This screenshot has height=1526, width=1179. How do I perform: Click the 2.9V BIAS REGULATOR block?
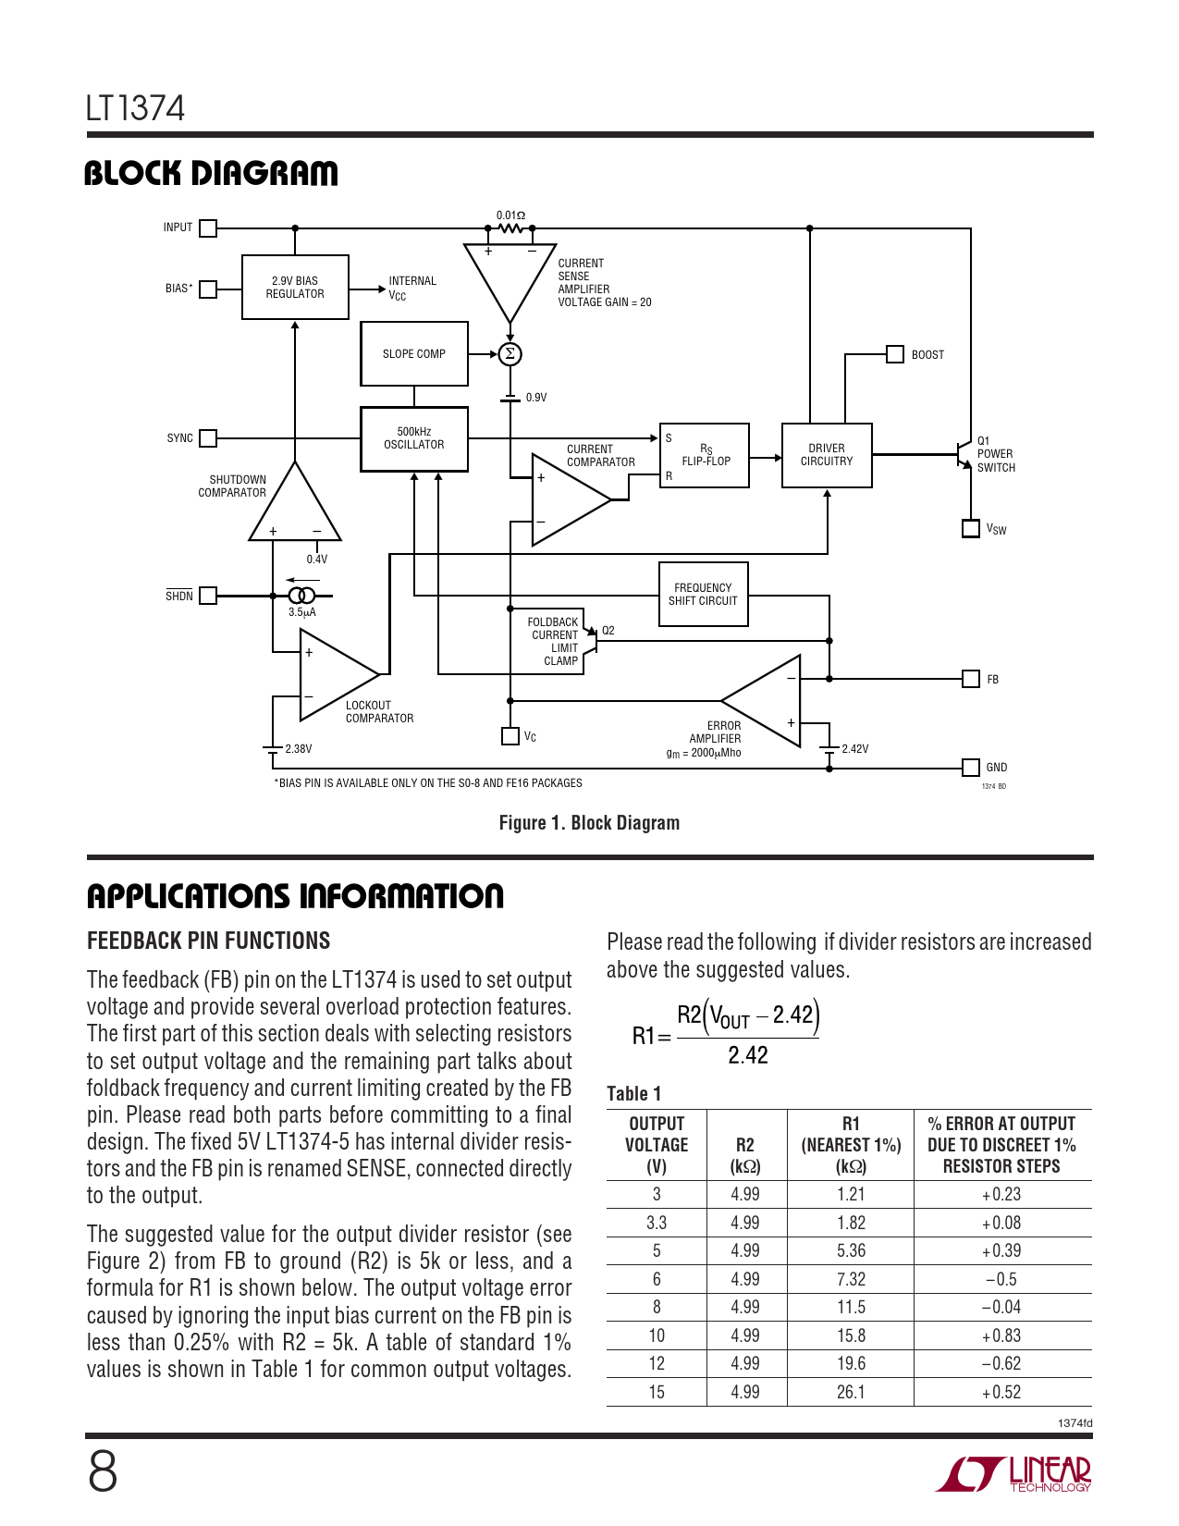click(x=295, y=288)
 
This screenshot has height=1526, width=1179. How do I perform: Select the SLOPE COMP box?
click(x=414, y=354)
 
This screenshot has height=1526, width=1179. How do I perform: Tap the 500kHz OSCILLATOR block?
click(x=414, y=439)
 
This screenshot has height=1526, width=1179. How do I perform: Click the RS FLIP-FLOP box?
click(x=705, y=456)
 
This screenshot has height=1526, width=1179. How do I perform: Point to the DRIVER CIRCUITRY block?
click(x=827, y=455)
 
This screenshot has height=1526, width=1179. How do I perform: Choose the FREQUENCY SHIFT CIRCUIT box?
click(x=703, y=595)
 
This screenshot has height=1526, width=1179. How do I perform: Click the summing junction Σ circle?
click(x=510, y=354)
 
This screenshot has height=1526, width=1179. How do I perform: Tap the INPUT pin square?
click(x=208, y=228)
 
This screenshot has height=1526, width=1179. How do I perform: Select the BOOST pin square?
click(x=895, y=354)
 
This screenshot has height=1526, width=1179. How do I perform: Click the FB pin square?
click(x=971, y=679)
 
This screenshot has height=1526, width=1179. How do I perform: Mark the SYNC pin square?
click(x=208, y=438)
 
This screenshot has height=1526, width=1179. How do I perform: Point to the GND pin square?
click(x=971, y=768)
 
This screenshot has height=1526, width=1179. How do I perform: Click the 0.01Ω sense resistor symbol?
click(x=510, y=228)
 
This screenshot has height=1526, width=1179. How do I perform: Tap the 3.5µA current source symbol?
click(x=301, y=596)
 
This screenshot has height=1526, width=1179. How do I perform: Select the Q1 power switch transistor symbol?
click(x=964, y=454)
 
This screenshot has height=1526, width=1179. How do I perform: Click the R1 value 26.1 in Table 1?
click(x=851, y=1392)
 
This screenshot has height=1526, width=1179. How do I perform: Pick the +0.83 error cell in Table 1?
click(x=1001, y=1335)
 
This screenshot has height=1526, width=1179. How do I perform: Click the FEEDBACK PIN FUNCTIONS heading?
click(x=208, y=941)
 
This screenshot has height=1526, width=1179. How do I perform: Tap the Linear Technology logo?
click(x=1013, y=1473)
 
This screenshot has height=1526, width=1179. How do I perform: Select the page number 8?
click(x=103, y=1472)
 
